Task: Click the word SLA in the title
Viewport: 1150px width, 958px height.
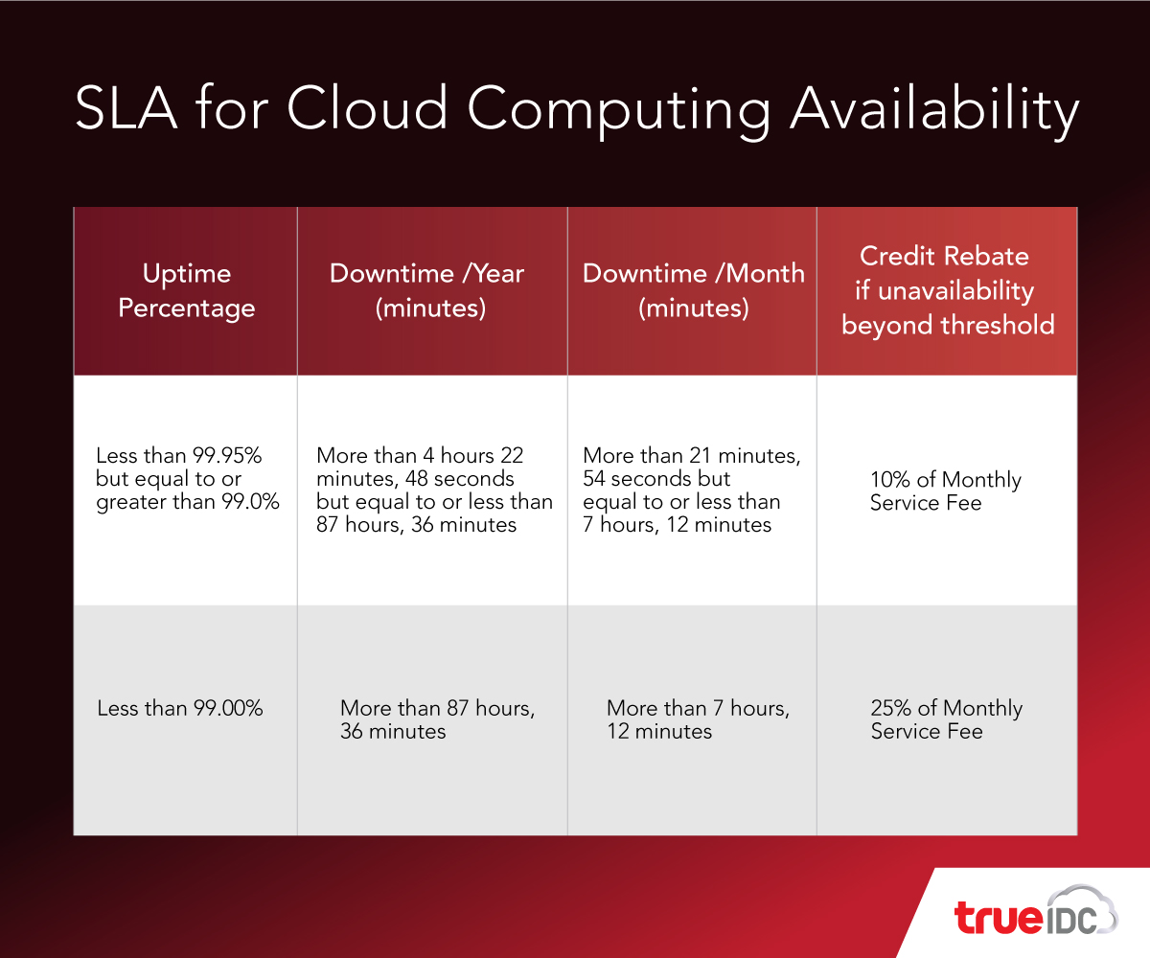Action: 126,107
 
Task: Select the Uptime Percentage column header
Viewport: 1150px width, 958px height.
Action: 187,290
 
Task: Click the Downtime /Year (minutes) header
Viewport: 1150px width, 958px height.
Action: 427,290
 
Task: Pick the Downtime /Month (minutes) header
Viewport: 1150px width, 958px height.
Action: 694,290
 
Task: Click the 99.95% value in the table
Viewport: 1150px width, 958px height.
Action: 227,455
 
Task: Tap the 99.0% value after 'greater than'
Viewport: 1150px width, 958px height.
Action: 250,502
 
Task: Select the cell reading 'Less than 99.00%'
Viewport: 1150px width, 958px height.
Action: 179,708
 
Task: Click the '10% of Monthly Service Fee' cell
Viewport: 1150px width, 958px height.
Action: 946,490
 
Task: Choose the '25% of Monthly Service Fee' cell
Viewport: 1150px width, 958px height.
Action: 946,719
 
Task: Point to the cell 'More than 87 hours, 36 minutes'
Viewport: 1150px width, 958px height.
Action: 437,719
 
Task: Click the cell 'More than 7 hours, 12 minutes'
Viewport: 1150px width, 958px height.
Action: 698,719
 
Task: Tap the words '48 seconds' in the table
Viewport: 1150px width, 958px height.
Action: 459,478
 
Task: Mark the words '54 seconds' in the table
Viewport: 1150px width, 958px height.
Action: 636,478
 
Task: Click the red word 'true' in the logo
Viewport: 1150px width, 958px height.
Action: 999,917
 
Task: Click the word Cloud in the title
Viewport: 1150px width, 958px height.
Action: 367,107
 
